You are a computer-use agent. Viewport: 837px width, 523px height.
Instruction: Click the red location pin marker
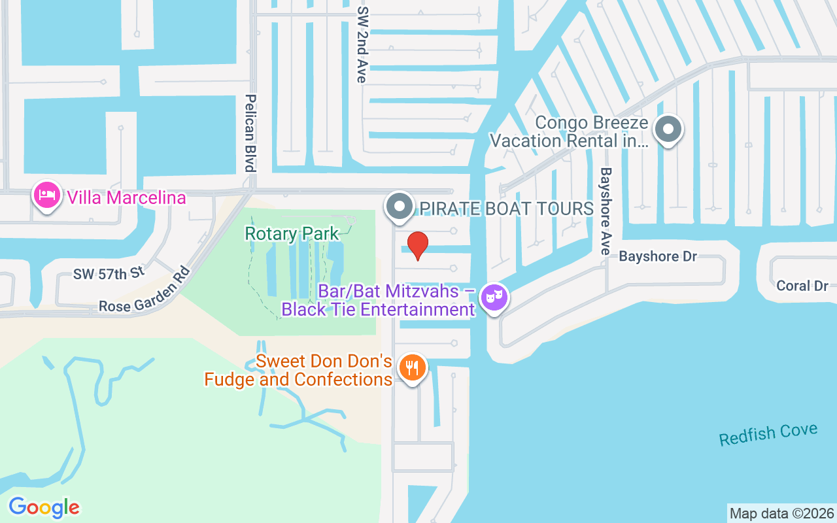pyautogui.click(x=417, y=246)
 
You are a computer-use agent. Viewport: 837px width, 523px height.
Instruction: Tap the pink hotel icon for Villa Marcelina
pyautogui.click(x=47, y=195)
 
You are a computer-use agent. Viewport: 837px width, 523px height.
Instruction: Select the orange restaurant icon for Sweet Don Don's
pyautogui.click(x=411, y=368)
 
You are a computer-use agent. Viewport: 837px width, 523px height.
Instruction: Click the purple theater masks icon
pyautogui.click(x=494, y=299)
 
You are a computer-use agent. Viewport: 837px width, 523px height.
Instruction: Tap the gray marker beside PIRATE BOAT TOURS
pyautogui.click(x=399, y=207)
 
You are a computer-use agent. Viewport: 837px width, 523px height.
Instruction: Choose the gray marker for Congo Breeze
pyautogui.click(x=668, y=129)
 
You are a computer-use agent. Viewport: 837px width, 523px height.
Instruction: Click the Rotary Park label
pyautogui.click(x=292, y=233)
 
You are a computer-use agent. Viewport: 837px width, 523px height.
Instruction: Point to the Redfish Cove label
pyautogui.click(x=768, y=434)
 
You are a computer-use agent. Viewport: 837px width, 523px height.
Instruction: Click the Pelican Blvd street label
pyautogui.click(x=249, y=133)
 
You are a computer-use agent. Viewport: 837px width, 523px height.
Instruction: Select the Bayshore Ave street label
pyautogui.click(x=606, y=211)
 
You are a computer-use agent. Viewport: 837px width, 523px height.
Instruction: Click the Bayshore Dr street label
pyautogui.click(x=658, y=256)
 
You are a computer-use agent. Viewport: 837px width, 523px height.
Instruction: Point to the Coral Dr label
pyautogui.click(x=802, y=286)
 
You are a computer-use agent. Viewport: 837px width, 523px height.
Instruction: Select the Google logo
pyautogui.click(x=44, y=507)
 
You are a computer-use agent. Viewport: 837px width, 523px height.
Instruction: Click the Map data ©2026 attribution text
pyautogui.click(x=781, y=513)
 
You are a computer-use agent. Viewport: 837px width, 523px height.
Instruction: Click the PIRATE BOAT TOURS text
pyautogui.click(x=506, y=209)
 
